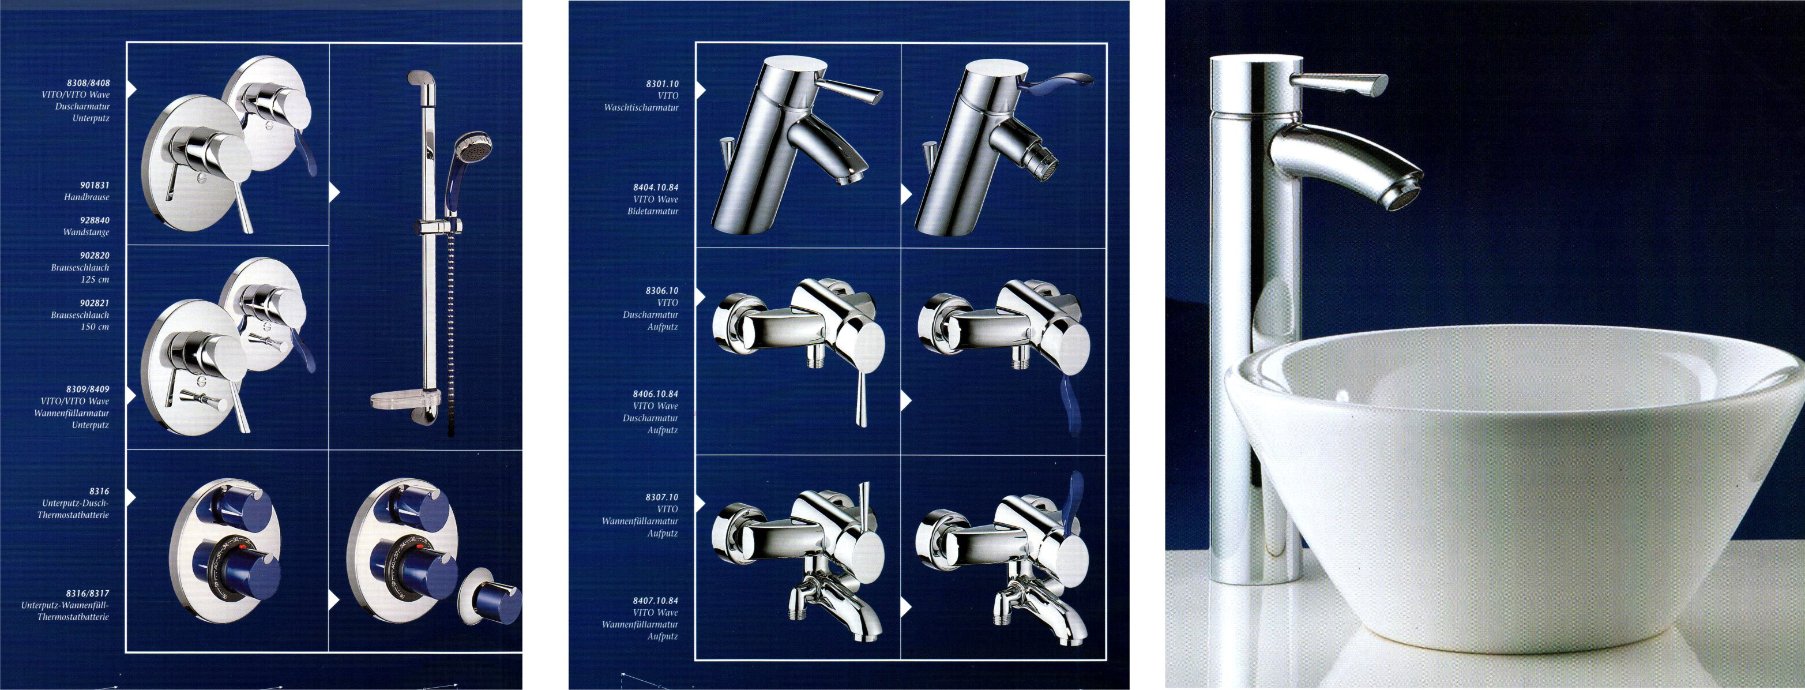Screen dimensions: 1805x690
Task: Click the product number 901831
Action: tap(95, 185)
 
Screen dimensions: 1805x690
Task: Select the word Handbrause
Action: tap(87, 197)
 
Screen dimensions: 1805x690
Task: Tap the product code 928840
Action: tap(95, 220)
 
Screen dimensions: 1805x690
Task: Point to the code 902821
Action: tap(95, 303)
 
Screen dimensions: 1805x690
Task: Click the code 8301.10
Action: tap(662, 84)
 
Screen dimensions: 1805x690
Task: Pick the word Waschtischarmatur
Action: tap(641, 107)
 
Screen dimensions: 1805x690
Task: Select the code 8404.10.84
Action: tap(656, 187)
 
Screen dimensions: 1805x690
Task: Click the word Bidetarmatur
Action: tap(653, 211)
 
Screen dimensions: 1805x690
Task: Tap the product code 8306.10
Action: tap(662, 290)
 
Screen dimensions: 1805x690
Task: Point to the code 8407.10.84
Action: tap(656, 601)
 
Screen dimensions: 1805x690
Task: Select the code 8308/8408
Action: tap(87, 82)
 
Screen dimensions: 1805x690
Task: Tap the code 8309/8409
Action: tap(88, 389)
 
